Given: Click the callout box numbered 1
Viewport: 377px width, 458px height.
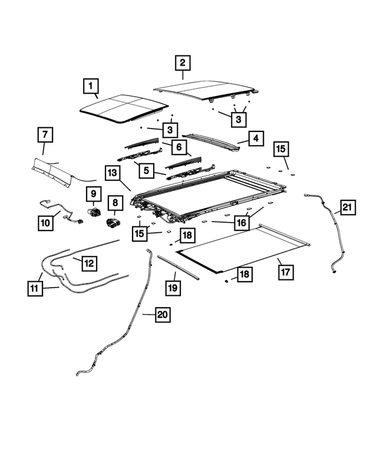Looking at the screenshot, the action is (x=91, y=86).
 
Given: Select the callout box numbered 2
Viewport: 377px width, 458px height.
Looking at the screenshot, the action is (x=183, y=63).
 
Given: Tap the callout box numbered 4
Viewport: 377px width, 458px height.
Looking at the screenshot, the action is (x=256, y=139).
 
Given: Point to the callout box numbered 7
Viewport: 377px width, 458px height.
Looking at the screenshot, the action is (x=45, y=134).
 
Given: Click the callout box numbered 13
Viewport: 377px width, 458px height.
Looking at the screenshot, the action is (x=113, y=173).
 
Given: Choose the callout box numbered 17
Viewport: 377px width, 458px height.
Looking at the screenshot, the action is (x=285, y=272).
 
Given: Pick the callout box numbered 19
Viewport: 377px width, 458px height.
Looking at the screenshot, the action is (x=173, y=288).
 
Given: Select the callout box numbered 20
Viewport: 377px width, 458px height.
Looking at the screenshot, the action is (x=163, y=315).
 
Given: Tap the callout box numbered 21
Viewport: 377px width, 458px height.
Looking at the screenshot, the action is (x=348, y=207).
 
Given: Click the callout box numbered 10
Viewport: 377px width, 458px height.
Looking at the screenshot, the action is (x=45, y=223).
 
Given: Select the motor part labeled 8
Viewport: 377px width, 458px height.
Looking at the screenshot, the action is (x=113, y=223).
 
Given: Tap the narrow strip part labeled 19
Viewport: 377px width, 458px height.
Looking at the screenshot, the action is (x=178, y=267).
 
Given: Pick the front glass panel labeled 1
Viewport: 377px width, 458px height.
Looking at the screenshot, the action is (x=124, y=108).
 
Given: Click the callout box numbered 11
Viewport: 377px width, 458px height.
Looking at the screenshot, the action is (x=35, y=288).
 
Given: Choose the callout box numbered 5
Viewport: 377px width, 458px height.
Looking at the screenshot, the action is (x=146, y=170).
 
